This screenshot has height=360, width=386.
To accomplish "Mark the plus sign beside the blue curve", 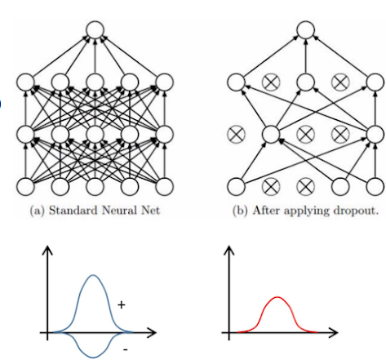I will coord(121,304).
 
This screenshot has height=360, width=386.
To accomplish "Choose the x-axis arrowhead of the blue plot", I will coord(152,333).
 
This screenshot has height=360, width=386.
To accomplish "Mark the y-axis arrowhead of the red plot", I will coord(227,248).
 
